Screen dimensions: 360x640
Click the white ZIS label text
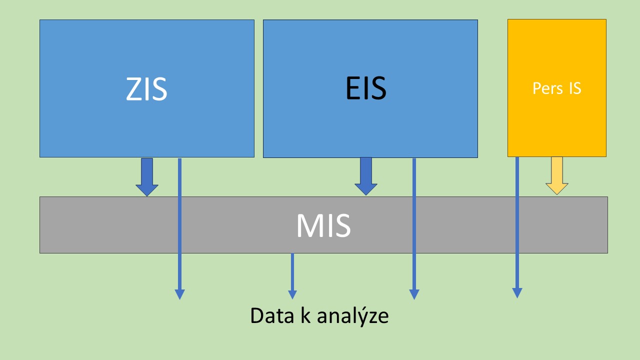pyautogui.click(x=146, y=89)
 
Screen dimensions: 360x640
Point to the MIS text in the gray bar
pyautogui.click(x=323, y=226)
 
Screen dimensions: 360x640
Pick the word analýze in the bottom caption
pyautogui.click(x=352, y=316)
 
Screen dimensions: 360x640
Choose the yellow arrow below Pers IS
pyautogui.click(x=556, y=175)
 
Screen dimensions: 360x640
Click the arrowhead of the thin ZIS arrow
pyautogui.click(x=179, y=294)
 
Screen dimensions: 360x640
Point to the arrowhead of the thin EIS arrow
pyautogui.click(x=414, y=294)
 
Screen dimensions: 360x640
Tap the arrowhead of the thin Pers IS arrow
pyautogui.click(x=517, y=293)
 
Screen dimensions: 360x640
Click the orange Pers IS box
pyautogui.click(x=556, y=125)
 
